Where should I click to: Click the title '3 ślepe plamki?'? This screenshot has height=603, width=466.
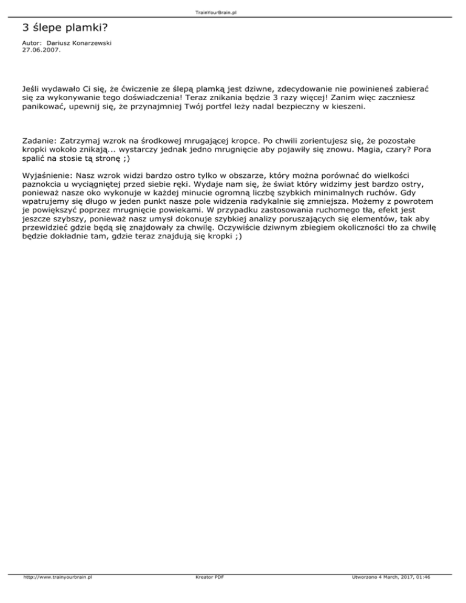[x=59, y=28]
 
